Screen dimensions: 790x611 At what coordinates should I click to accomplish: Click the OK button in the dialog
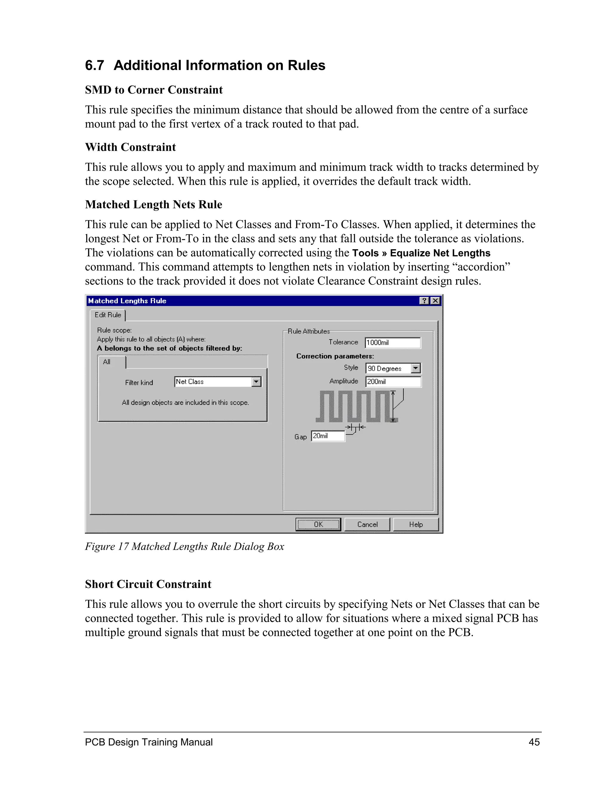[x=318, y=524]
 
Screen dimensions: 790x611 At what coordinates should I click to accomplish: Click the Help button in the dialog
[x=416, y=524]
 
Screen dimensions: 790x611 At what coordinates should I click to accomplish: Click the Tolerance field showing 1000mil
[x=393, y=343]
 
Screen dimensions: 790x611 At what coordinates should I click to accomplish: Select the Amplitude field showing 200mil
[x=393, y=382]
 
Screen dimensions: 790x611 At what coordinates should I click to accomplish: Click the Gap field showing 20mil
[x=328, y=436]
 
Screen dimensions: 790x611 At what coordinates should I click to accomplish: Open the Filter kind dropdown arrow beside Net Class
[x=256, y=382]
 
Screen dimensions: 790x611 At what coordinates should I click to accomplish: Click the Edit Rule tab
[x=108, y=315]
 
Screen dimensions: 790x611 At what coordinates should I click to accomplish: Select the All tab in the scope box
[x=107, y=362]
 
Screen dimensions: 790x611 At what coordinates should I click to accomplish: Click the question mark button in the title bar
[x=424, y=300]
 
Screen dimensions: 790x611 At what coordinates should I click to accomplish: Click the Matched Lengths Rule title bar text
[x=127, y=300]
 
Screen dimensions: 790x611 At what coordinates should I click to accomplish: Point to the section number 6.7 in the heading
[x=95, y=66]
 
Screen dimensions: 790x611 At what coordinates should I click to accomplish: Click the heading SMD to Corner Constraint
[x=154, y=90]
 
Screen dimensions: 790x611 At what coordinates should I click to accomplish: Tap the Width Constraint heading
[x=130, y=147]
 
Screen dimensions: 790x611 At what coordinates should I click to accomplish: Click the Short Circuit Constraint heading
[x=148, y=584]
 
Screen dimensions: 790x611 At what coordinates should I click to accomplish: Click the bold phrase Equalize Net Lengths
[x=440, y=253]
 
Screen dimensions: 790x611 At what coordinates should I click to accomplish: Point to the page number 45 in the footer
[x=534, y=742]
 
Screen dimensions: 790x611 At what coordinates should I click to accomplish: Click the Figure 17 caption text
[x=184, y=546]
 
